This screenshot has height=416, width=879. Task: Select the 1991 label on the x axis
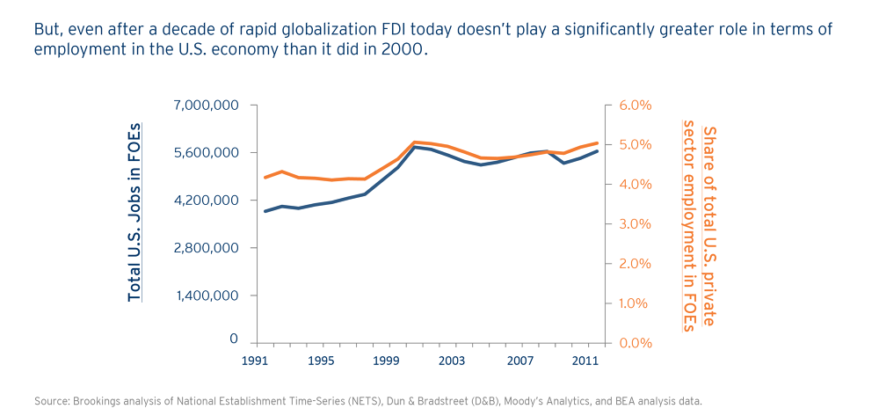click(x=256, y=361)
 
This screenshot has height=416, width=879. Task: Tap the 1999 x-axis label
click(x=386, y=361)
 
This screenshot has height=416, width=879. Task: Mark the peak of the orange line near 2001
click(x=415, y=142)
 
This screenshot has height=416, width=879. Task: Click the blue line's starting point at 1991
click(x=265, y=211)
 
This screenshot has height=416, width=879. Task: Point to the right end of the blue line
click(x=598, y=151)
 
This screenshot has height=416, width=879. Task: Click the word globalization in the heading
click(x=307, y=29)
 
